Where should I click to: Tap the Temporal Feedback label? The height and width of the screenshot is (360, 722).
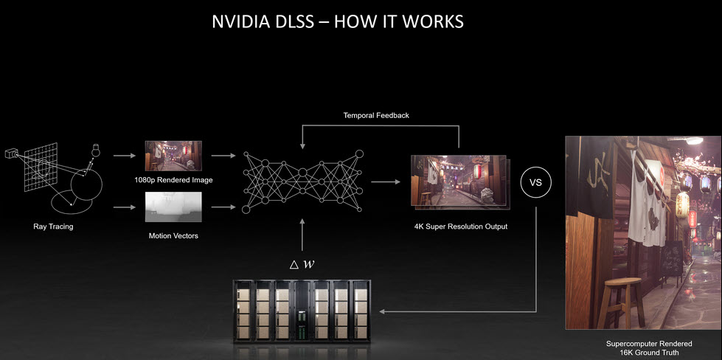click(x=375, y=116)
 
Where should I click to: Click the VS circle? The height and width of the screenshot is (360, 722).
click(x=536, y=185)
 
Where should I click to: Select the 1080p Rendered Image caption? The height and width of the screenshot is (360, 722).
click(x=175, y=180)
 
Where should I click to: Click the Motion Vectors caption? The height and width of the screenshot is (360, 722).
click(x=175, y=235)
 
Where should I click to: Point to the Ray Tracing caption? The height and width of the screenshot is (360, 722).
click(x=53, y=226)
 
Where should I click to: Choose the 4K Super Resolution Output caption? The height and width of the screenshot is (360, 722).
click(x=461, y=226)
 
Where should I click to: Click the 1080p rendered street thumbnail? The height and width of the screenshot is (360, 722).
click(x=175, y=156)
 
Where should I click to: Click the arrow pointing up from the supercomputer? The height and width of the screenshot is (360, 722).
click(x=303, y=236)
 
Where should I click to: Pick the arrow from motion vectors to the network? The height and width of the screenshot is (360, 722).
click(x=221, y=208)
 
